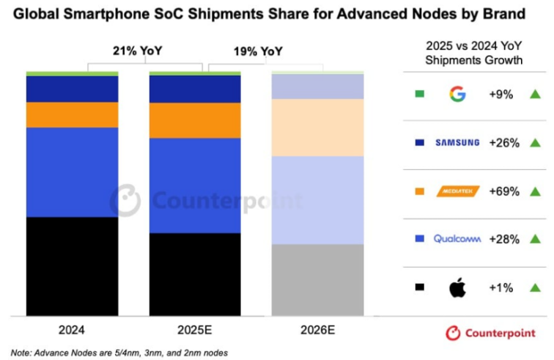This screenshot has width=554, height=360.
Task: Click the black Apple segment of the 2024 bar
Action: tap(72, 266)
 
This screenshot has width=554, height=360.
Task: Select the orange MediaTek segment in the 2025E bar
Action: tap(195, 120)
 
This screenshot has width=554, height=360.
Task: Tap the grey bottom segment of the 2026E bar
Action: tap(318, 280)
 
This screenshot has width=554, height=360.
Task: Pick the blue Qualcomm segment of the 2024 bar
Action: tap(72, 172)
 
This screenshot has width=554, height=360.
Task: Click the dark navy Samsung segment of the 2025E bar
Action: tap(195, 89)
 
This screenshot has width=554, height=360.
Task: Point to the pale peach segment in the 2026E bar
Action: tap(318, 128)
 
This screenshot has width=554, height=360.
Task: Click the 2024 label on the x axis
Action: tap(72, 329)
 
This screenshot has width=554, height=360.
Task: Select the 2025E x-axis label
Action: tap(195, 329)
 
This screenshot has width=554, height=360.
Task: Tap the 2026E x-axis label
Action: tap(318, 329)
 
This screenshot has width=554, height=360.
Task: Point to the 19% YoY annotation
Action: tap(258, 51)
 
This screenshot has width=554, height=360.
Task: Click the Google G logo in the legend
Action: tap(457, 94)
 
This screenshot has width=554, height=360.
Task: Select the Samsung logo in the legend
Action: tap(457, 142)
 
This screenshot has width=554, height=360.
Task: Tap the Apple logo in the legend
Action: tap(457, 287)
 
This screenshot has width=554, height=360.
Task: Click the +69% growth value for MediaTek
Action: tap(504, 191)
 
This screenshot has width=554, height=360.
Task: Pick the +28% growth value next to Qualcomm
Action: tap(504, 239)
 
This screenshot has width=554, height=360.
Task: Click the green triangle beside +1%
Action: tap(535, 287)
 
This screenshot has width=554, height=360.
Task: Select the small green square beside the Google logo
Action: tap(419, 94)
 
